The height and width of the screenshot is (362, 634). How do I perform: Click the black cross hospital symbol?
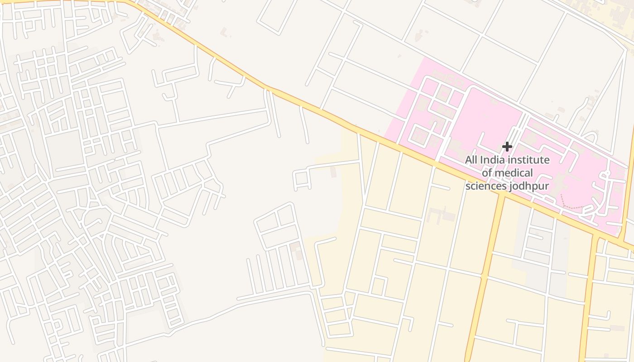[507, 146]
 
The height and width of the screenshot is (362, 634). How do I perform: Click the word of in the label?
[486, 173]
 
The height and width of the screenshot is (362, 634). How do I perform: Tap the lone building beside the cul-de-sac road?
[334, 172]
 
